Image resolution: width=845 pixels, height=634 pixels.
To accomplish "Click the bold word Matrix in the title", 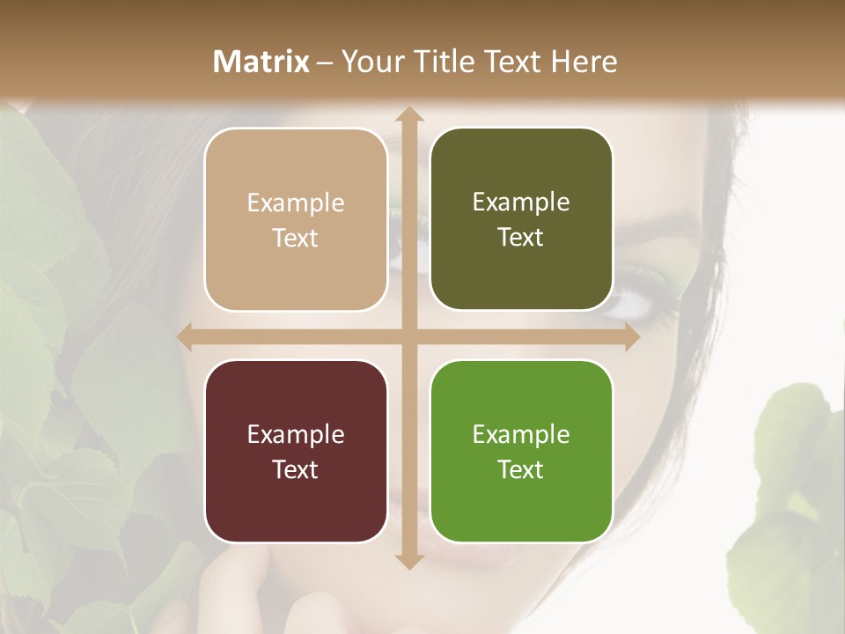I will click(x=261, y=62).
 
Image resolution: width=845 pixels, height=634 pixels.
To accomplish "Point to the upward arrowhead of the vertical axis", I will click(x=408, y=115).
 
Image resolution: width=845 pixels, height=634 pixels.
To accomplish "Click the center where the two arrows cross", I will click(x=408, y=336).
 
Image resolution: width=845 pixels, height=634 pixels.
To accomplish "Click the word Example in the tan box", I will click(x=296, y=203).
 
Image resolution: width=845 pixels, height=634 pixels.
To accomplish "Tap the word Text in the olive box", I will click(x=521, y=237).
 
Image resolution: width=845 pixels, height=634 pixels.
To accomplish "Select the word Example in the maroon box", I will click(x=296, y=434).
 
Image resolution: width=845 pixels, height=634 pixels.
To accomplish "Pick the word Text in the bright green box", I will click(x=521, y=469).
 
